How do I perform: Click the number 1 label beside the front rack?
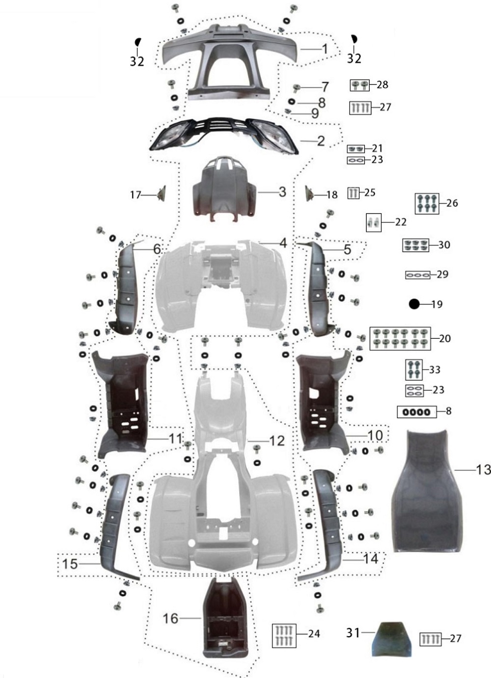coord(325,49)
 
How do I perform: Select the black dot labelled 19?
coord(414,304)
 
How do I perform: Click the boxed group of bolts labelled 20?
coord(400,339)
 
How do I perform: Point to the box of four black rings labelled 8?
coord(417,411)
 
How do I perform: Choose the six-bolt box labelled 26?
coord(427,203)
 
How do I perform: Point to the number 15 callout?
coord(70,564)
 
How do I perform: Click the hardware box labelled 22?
coord(374,222)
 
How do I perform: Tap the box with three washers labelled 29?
coord(418,275)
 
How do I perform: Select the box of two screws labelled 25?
coord(353,193)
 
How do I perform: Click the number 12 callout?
coord(277,441)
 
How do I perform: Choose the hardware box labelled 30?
coord(415,245)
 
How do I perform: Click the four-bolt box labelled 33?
coord(414,370)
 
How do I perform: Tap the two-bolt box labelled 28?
coord(360,85)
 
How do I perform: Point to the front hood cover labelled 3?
coord(224,188)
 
